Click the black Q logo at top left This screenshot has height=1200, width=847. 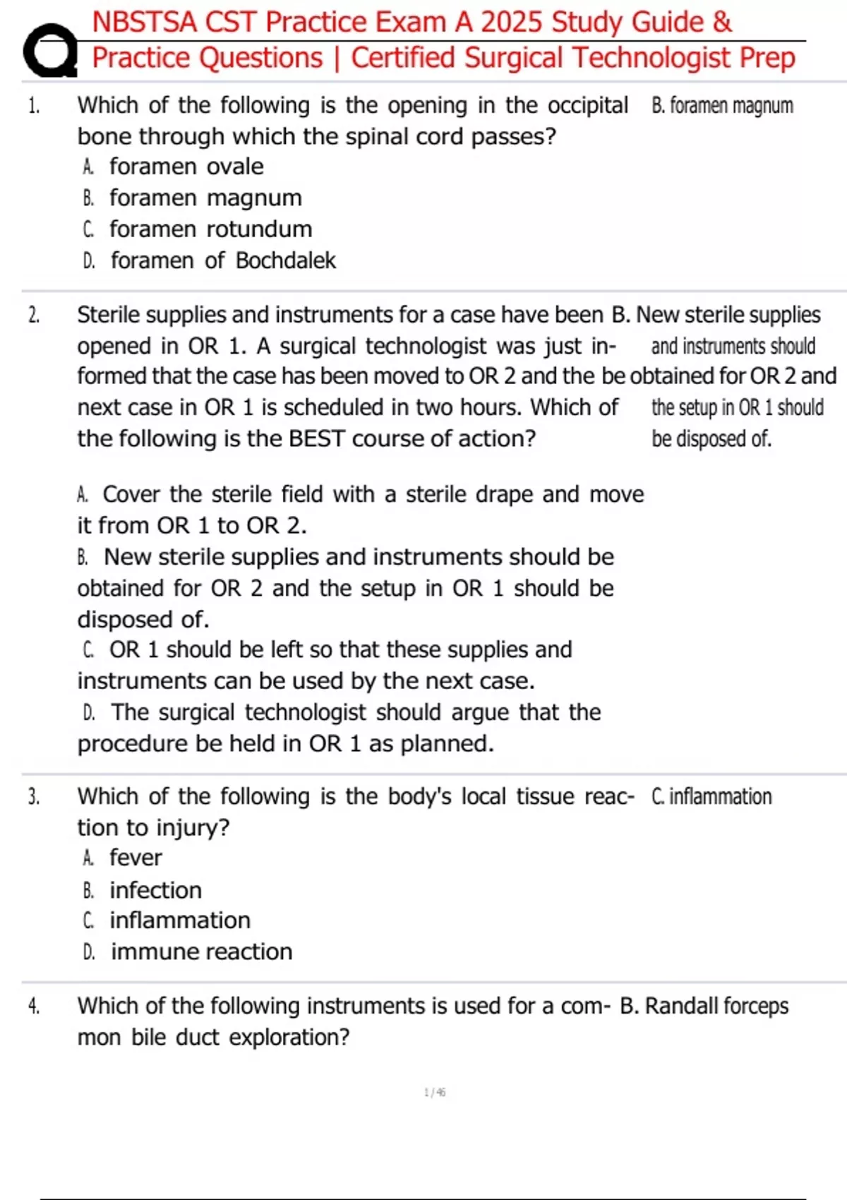pos(49,51)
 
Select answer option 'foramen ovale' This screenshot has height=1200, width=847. pos(186,167)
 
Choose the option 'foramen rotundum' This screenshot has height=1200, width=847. pos(210,229)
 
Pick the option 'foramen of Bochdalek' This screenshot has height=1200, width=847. pos(223,260)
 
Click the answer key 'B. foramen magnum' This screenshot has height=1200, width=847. pos(722,106)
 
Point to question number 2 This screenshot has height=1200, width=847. pos(34,315)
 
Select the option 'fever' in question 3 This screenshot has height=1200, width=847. pos(136,858)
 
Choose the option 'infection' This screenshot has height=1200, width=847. pos(155,890)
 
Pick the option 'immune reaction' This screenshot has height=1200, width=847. pos(201,952)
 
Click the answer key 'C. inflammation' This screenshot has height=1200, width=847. pos(711,797)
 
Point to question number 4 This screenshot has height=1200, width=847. pos(34,1006)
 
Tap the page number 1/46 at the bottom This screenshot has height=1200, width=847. pos(435,1093)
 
